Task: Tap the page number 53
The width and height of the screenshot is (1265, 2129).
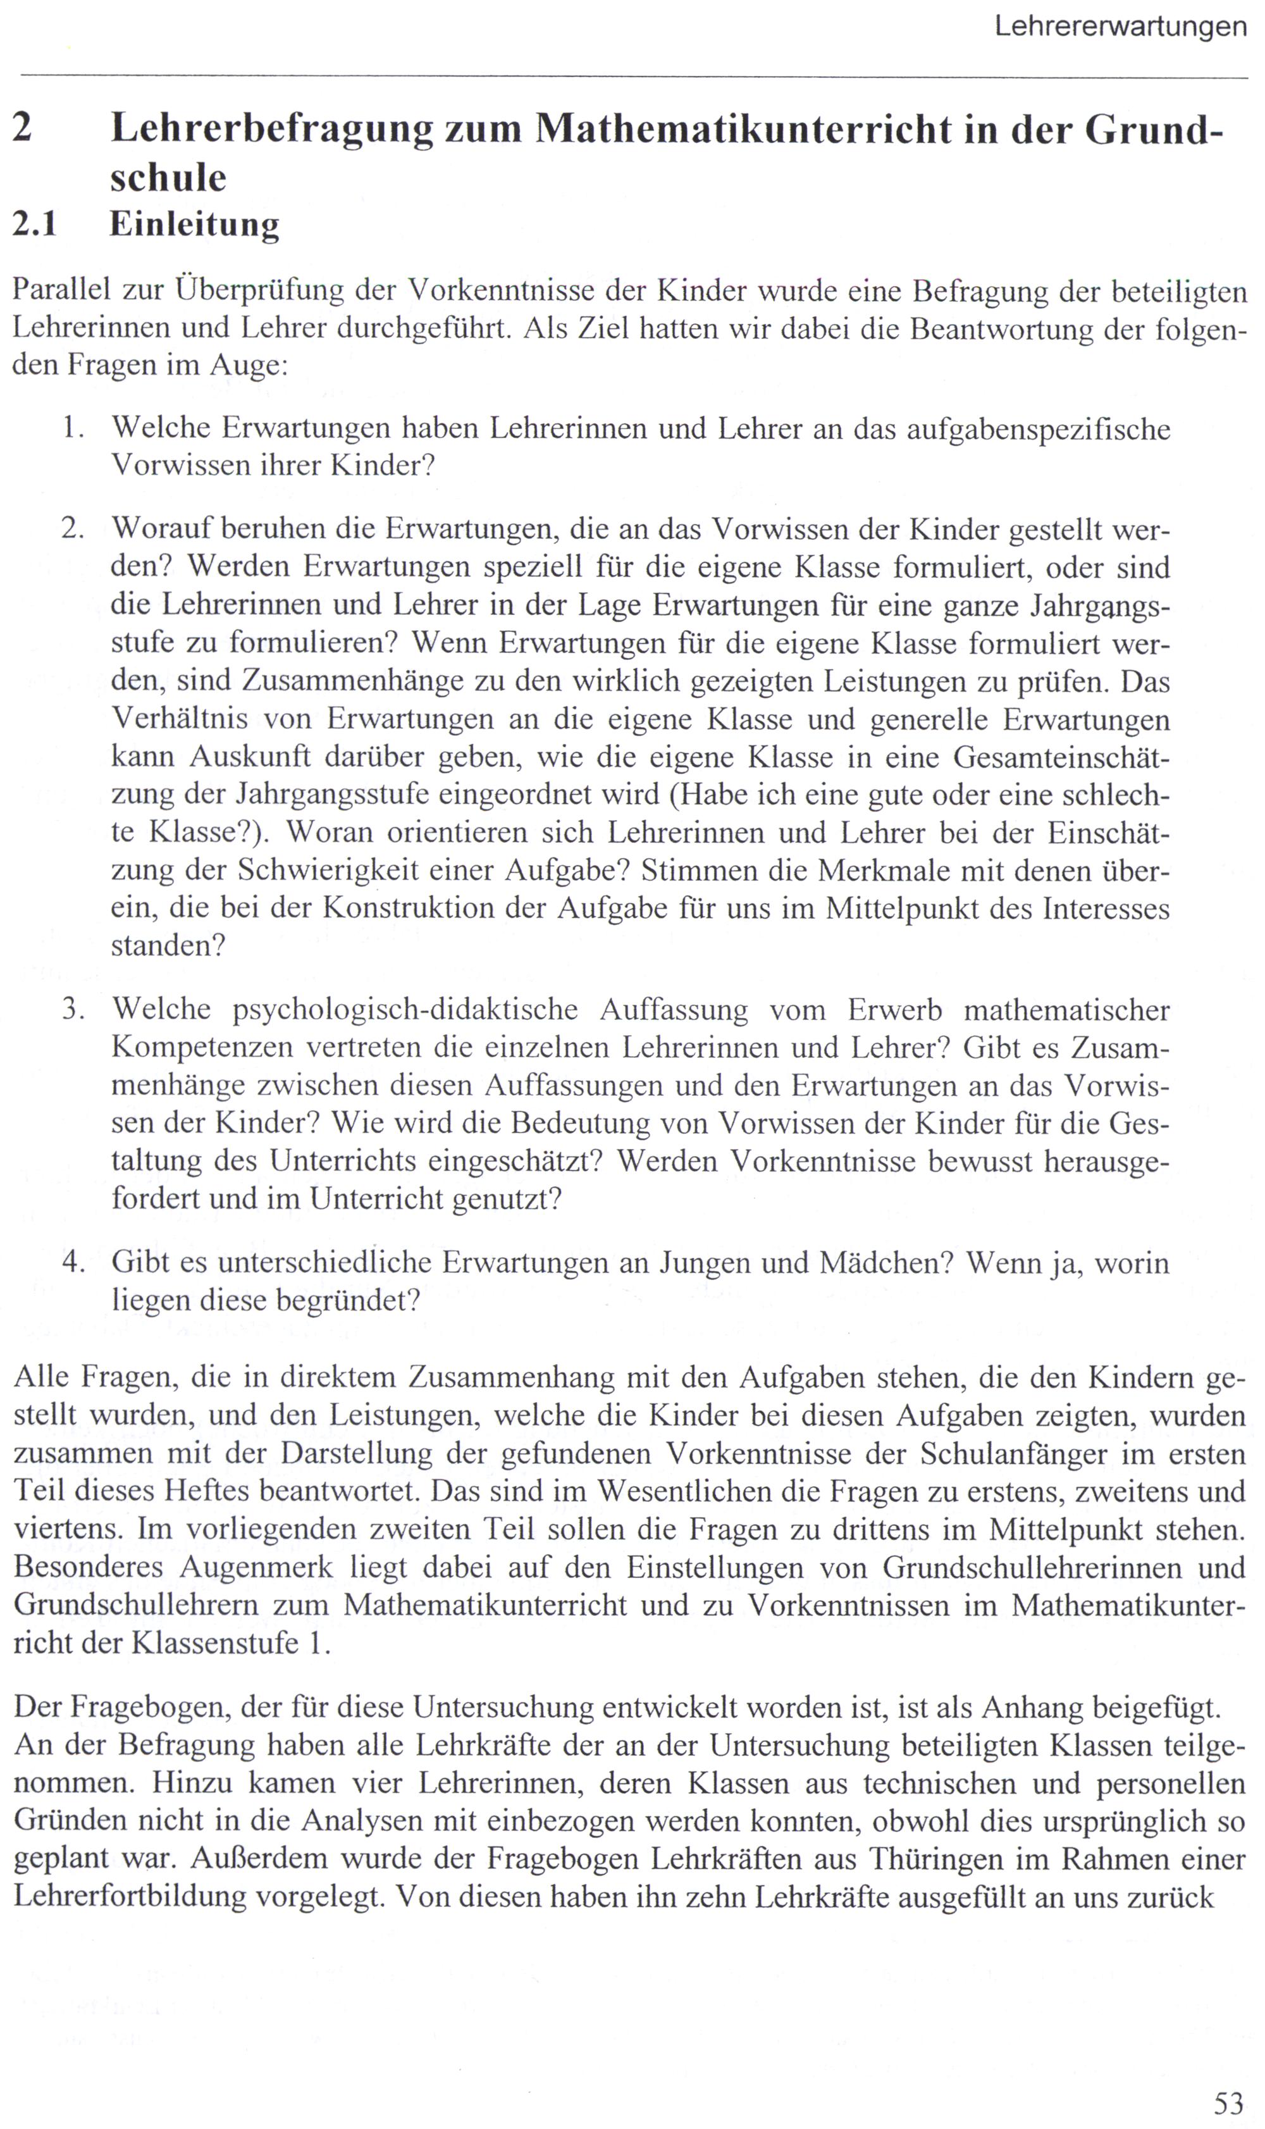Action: pyautogui.click(x=1228, y=2104)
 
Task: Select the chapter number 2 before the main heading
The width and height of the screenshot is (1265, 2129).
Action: pyautogui.click(x=23, y=128)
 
